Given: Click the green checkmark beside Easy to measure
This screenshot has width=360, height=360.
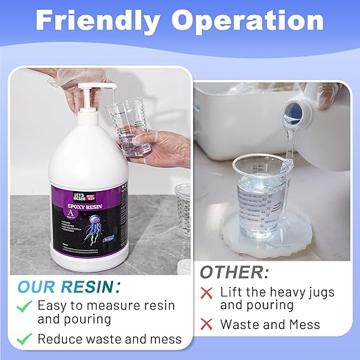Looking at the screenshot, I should [25, 306].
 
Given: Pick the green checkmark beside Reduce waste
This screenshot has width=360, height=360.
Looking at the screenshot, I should [25, 339].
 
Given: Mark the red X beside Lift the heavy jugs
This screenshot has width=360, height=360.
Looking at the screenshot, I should [206, 292].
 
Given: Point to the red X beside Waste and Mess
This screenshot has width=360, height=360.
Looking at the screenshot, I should [206, 323].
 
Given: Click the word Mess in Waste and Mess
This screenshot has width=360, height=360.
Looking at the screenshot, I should [306, 323].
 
